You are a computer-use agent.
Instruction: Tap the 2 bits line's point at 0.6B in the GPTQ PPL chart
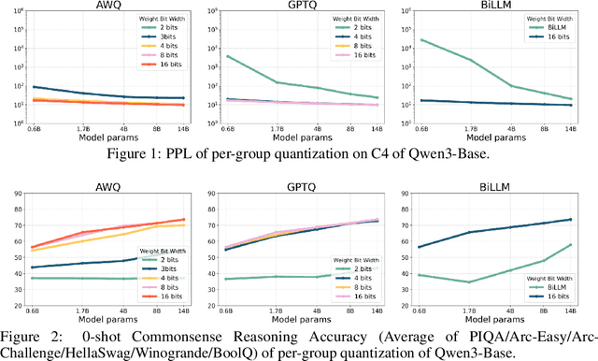(229, 55)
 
